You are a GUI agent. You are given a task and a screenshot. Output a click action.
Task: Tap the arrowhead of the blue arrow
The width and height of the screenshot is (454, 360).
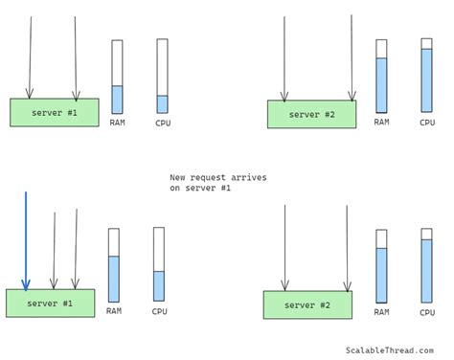(26, 284)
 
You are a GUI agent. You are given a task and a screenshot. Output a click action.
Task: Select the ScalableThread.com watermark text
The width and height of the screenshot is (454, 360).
(389, 351)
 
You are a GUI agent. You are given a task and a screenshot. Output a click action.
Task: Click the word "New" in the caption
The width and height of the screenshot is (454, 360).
(178, 177)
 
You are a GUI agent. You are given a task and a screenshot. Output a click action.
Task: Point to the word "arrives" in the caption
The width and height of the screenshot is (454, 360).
(249, 177)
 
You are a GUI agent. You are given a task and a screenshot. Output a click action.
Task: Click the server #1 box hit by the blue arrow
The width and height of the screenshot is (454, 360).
(51, 303)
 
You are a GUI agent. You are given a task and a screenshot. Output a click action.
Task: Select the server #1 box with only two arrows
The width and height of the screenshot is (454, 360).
(55, 112)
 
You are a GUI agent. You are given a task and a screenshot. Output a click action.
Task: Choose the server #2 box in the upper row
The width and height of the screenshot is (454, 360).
(311, 114)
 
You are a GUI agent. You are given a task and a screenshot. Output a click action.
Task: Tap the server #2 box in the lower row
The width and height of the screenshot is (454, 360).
(307, 304)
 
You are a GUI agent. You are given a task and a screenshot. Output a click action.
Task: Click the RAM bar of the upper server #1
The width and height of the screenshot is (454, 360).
(117, 77)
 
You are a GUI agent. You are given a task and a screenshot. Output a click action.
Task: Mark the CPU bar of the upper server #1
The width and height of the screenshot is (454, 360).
(162, 76)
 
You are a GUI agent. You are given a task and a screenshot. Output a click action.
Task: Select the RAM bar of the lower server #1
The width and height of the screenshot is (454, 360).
(114, 265)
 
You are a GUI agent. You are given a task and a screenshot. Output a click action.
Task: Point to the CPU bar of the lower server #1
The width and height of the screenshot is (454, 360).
(159, 264)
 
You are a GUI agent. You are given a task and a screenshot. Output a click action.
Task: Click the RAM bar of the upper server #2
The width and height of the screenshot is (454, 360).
(381, 76)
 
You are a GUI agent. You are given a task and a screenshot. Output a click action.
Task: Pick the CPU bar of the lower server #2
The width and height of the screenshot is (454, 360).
(426, 265)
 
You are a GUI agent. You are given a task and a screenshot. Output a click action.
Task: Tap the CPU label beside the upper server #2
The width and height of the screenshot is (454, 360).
(427, 123)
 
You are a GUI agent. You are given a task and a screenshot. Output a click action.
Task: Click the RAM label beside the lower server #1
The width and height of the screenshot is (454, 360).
(114, 310)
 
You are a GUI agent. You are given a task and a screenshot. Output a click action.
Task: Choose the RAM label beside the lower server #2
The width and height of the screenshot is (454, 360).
(381, 311)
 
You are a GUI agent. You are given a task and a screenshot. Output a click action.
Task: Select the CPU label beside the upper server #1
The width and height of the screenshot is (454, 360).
(163, 123)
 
